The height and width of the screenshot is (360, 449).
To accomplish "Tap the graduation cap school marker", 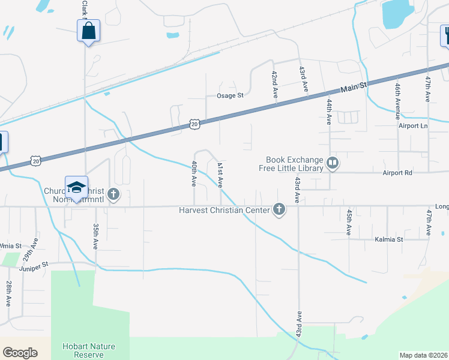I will coord(76,188).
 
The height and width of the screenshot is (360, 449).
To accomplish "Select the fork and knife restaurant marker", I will coord(446,35).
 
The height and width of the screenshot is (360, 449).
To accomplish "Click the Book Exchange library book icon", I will coord(332,163).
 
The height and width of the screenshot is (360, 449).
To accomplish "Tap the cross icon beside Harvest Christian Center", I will coord(279,209).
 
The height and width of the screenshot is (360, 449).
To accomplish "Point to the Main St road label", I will coord(354,87).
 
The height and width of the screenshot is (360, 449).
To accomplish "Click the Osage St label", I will coord(230,95).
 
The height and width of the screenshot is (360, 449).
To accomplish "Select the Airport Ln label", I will coord(413,126).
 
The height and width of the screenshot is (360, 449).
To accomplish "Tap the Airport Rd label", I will coord(397,172).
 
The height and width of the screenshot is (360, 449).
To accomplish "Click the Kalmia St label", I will coord(388,239).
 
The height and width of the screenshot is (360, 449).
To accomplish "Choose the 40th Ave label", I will coord(194,173).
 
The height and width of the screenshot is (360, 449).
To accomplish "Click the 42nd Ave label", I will coord(274,85).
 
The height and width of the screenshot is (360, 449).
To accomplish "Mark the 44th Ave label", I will coord(329,112).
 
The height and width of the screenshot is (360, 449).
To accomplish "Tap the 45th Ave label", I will coord(348,221).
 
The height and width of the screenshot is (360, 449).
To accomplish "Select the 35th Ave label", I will coord(95,237).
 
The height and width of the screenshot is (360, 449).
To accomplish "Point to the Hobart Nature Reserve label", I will coord(88,350).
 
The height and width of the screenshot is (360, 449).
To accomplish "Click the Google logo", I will coord(20,353).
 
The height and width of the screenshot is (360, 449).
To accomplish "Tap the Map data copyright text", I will coord(423,355).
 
